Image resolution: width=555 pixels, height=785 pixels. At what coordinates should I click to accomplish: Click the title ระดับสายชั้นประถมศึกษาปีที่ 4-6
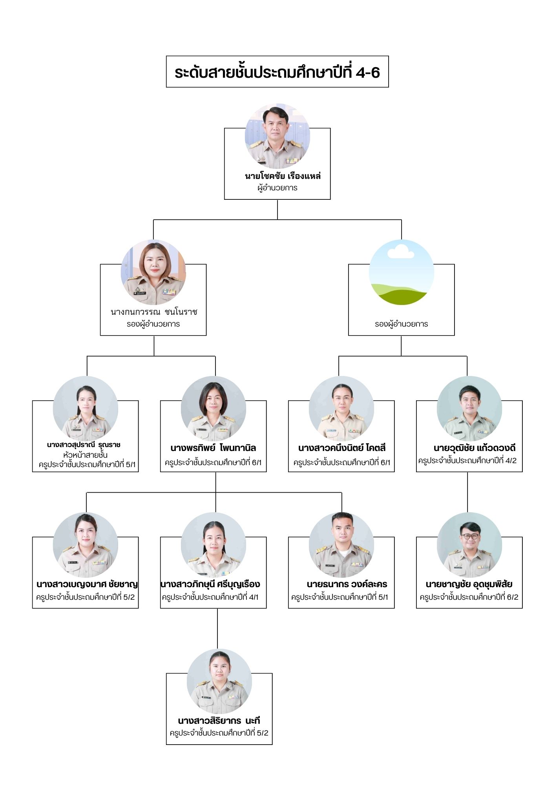coord(277,72)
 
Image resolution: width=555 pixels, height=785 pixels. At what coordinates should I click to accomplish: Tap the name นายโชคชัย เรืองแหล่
coord(283,176)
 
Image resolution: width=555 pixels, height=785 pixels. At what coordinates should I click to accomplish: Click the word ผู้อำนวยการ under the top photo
coord(277,188)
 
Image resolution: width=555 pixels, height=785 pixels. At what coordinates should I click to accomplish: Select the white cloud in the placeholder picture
coord(401,251)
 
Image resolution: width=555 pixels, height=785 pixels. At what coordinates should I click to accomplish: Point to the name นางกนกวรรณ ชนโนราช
coord(154,312)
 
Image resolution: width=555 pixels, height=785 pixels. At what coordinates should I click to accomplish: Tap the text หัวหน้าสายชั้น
coord(85,455)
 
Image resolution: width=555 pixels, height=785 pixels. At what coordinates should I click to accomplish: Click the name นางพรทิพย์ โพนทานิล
coord(213,448)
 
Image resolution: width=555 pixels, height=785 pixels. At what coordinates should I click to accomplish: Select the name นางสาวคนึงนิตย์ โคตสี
coord(342,448)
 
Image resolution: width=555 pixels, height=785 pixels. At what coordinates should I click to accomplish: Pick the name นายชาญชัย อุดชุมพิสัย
coord(469,584)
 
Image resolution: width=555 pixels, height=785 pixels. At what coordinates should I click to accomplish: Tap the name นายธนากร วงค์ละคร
coord(347,584)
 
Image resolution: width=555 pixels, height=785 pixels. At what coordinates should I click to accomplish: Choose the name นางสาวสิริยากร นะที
coord(219,721)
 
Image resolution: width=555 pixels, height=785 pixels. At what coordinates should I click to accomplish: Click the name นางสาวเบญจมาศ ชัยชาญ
coord(87,584)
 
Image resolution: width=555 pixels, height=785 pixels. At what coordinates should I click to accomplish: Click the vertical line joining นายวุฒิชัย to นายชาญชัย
coord(467,492)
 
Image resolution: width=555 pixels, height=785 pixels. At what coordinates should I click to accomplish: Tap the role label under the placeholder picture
coord(401,324)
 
